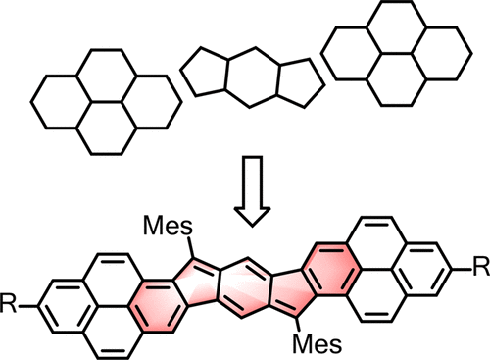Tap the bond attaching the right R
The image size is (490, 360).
coord(461,266)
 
